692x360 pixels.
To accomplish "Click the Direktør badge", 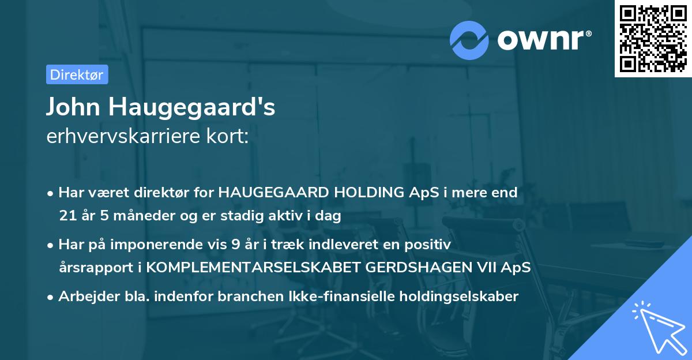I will (77, 74).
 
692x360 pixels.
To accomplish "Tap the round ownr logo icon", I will (469, 40).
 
